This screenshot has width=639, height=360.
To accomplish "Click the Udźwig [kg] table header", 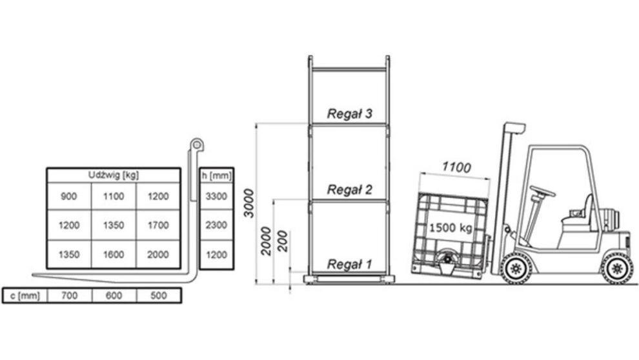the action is pos(114,175).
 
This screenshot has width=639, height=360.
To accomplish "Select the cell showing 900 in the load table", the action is pos(69,196).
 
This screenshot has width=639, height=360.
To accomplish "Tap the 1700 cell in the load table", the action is pos(158,225).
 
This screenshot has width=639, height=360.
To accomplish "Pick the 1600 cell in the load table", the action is pos(114,255).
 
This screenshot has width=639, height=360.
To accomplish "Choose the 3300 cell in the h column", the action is pos(216,196).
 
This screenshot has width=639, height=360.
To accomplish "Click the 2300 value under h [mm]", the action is pos(216,225).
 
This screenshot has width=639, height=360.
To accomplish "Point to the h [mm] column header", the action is pos(216,175).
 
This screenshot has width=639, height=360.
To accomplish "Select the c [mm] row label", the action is pos(25,295).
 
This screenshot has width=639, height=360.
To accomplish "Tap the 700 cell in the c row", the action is pos(69,295).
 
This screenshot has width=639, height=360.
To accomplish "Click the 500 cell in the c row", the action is pos(159,295).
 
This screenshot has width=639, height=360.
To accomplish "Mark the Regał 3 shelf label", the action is pos(350,114).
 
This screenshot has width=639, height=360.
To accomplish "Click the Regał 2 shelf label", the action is pos(350,190).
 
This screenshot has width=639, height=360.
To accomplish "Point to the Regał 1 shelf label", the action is pos(350,265).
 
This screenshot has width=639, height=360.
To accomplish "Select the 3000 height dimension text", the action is pos(249,203).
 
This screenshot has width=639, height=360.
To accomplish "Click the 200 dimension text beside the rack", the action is pos(282,241).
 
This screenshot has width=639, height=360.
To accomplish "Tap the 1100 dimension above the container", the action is pos(456,167).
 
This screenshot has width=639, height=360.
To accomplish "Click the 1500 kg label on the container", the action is pos(451,227).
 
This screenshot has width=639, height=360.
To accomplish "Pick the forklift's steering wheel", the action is pos(542,190).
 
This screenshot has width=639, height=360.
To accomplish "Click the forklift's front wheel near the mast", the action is pos(516,268).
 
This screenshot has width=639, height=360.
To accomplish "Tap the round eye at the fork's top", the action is pos(197,145).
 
